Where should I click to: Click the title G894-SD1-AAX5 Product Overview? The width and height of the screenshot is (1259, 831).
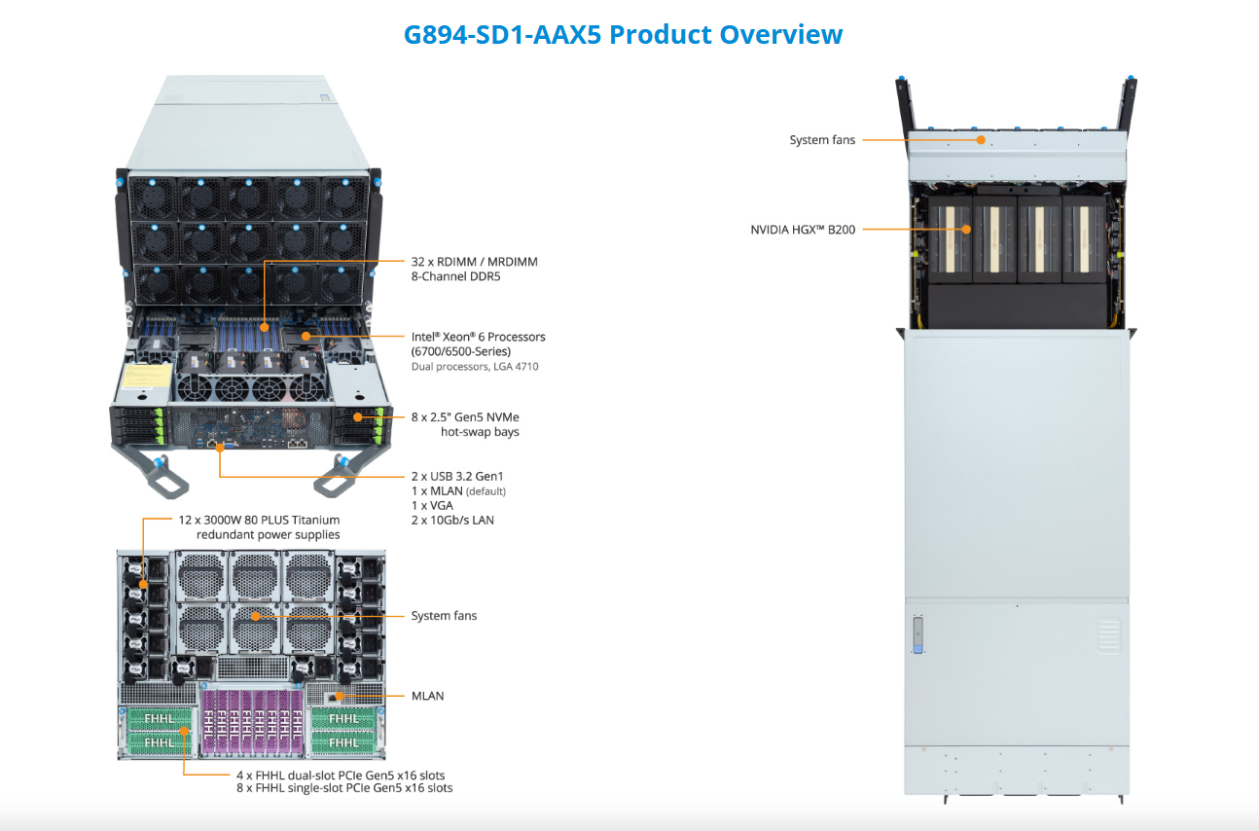point(623,35)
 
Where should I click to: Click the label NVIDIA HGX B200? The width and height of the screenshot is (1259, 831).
point(803,231)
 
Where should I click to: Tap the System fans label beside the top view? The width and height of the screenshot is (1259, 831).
point(822,140)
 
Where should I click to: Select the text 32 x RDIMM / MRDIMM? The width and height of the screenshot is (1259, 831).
point(474,262)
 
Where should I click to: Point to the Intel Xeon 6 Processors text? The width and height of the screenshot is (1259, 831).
point(478,337)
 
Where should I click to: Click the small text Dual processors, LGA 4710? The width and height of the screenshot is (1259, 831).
point(475,367)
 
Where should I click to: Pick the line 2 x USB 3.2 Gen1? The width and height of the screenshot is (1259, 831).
point(457,476)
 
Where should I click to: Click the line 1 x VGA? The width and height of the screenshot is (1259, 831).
point(432,505)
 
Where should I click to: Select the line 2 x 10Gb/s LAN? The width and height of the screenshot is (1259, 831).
point(452,521)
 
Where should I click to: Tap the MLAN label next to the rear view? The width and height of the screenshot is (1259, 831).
point(427,696)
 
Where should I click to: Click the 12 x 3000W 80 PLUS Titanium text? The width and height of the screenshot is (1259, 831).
point(259,521)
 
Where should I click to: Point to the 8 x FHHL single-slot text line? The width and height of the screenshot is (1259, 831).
point(344,788)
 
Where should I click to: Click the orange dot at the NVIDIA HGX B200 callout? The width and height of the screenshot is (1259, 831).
point(966,230)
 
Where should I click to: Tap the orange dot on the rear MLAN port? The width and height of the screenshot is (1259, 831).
point(339,696)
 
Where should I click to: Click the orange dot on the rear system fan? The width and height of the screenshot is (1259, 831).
point(254,616)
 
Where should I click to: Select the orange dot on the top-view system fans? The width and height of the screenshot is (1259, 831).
point(981,140)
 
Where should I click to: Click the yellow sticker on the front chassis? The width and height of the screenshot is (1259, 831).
point(142,378)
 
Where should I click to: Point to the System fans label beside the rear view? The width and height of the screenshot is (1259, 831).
point(444,616)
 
